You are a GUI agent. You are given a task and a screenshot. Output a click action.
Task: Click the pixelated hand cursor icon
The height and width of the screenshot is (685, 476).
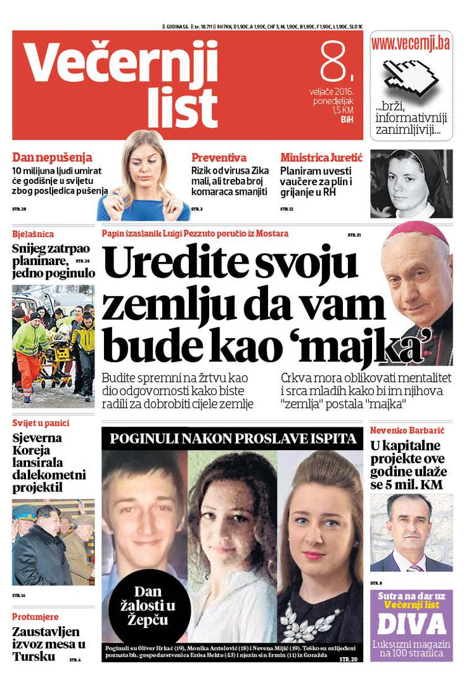411,77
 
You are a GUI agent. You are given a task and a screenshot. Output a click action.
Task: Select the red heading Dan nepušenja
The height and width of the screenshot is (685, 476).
53,157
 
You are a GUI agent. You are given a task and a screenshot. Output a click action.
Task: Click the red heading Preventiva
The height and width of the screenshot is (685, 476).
219,157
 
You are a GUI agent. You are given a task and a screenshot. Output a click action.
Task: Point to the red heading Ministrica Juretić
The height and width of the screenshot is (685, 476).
321,157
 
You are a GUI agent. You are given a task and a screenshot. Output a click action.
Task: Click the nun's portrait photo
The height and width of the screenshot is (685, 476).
411,184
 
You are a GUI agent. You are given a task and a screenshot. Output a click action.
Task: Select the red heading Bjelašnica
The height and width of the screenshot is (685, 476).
33,234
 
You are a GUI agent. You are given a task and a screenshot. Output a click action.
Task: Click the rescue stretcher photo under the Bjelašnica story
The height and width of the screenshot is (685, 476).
53,346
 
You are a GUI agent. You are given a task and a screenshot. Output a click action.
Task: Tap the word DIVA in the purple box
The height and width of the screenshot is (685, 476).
411,625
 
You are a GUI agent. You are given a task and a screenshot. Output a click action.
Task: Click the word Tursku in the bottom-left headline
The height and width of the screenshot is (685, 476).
34,656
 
